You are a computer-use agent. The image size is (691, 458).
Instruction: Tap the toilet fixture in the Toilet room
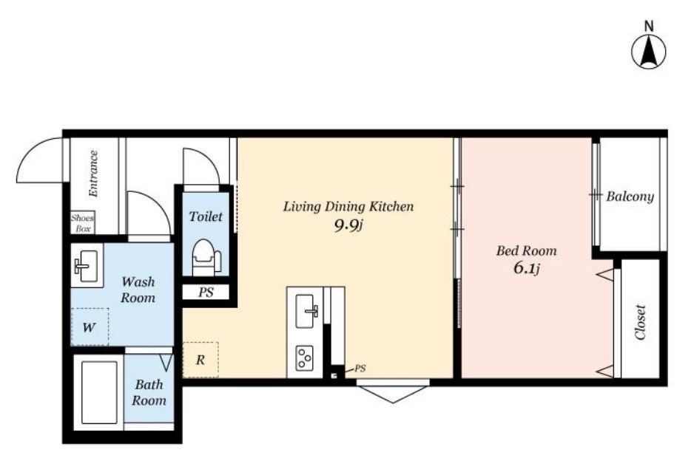click(206, 257)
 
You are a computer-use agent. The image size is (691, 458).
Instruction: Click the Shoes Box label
click(82, 223)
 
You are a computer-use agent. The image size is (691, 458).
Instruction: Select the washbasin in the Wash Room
click(87, 265)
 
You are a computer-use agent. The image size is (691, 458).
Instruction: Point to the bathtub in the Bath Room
click(99, 392)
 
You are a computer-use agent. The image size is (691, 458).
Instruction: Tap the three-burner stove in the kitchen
click(305, 358)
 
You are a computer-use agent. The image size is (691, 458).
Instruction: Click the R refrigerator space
click(200, 360)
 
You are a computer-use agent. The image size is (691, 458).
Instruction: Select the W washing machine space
click(90, 327)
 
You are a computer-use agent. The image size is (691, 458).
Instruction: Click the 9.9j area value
click(348, 226)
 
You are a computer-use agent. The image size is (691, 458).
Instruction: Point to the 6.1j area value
click(526, 268)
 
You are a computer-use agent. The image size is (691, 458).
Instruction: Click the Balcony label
click(630, 196)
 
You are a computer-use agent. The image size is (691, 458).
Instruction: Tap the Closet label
click(640, 322)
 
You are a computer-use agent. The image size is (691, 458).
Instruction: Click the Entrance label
click(93, 174)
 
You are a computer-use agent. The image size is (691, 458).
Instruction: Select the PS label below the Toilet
click(206, 293)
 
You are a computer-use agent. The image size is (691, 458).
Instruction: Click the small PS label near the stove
click(360, 369)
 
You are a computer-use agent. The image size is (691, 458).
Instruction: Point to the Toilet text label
click(206, 216)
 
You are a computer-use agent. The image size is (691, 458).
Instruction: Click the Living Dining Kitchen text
click(348, 207)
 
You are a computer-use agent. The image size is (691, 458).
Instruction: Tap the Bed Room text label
click(527, 250)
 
